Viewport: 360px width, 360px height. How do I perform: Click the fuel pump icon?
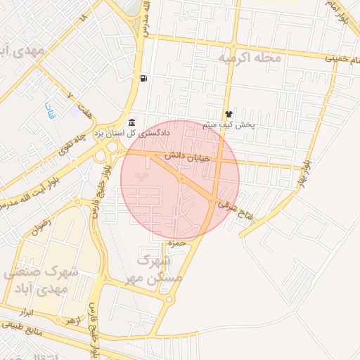(143, 78)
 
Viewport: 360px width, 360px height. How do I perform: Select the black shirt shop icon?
(228, 113)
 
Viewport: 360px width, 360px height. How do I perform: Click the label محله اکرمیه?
(249, 58)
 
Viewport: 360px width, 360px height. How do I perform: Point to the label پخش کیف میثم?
(229, 124)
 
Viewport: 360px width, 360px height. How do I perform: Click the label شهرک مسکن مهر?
(158, 269)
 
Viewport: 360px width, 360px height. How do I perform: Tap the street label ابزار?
(28, 311)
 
